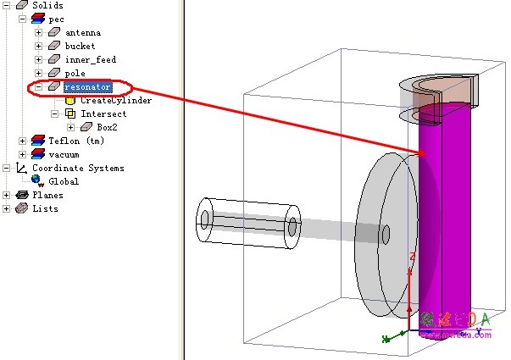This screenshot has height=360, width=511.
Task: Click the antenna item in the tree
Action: [82, 32]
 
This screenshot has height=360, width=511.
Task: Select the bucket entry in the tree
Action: [80, 46]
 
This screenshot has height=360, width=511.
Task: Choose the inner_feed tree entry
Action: [90, 59]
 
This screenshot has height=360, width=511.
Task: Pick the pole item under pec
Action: [75, 73]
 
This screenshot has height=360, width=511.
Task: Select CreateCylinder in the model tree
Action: [115, 100]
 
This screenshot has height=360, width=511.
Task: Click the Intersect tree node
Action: [103, 114]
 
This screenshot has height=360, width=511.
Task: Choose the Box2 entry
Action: [107, 127]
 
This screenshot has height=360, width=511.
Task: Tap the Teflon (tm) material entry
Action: [75, 141]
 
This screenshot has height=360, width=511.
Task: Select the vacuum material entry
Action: [64, 154]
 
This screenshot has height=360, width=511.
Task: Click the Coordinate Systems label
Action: [77, 168]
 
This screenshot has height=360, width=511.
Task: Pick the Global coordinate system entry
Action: [64, 181]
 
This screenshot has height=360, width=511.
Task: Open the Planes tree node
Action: [47, 195]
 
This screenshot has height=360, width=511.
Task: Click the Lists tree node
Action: [45, 208]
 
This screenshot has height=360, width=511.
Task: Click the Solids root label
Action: [47, 5]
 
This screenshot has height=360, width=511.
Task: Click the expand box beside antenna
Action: [38, 32]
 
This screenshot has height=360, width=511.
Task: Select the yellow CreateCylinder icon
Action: [70, 100]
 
